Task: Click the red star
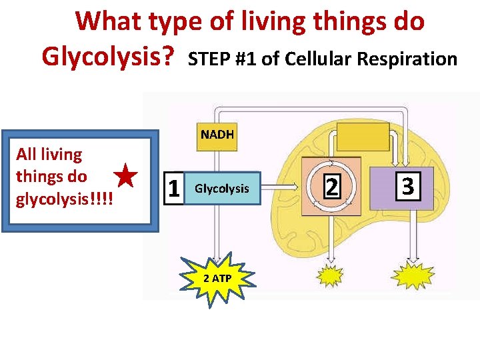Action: (x=125, y=177)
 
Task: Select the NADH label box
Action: (x=217, y=134)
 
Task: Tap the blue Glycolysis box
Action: (x=221, y=189)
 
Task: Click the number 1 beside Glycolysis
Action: (x=173, y=189)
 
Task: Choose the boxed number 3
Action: (x=408, y=186)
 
